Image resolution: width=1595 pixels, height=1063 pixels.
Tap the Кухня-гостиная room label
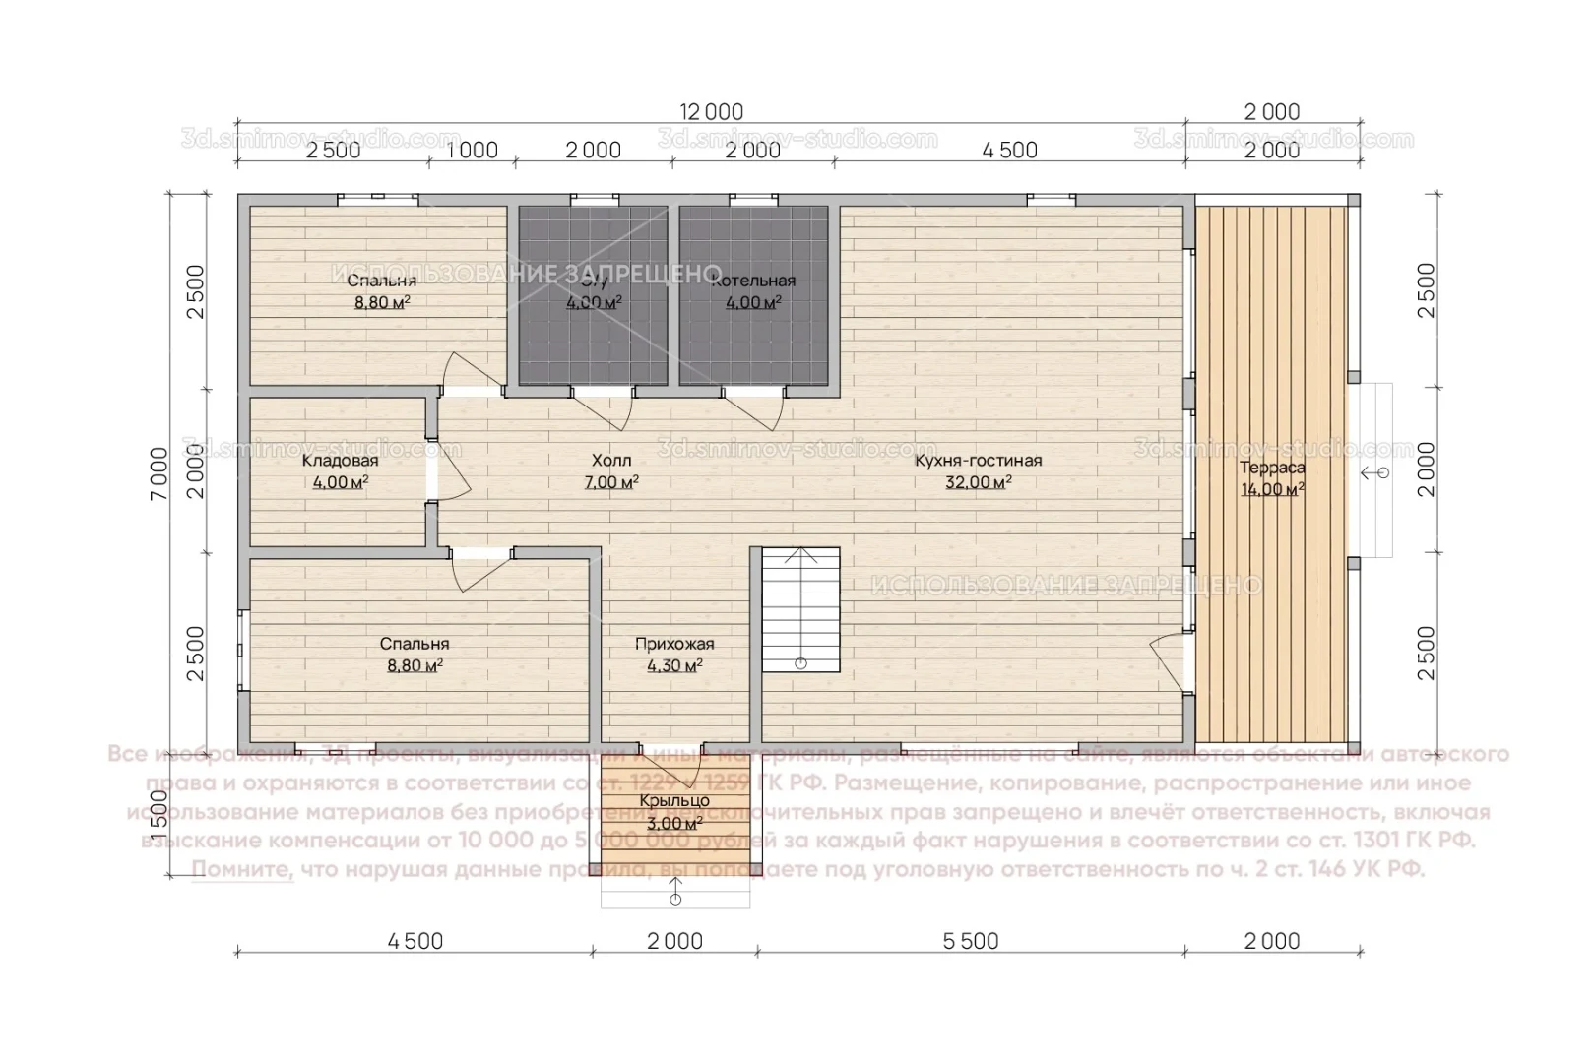(x=978, y=461)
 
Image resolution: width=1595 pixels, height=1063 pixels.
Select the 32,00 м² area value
(x=978, y=482)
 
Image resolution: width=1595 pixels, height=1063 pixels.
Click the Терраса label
(x=1272, y=468)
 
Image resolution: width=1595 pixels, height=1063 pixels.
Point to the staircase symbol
(x=801, y=610)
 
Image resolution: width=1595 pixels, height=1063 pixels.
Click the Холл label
(x=611, y=461)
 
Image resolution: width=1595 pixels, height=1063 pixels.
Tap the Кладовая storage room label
(x=340, y=461)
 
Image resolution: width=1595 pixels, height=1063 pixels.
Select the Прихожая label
(x=674, y=645)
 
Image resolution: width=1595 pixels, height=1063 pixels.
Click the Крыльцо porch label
(x=674, y=801)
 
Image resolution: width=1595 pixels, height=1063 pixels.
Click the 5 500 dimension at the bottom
(x=971, y=942)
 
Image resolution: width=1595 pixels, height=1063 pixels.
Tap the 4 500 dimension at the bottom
(x=415, y=942)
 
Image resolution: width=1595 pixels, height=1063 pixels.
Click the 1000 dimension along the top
(x=473, y=151)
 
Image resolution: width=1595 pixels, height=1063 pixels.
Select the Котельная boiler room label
(x=753, y=281)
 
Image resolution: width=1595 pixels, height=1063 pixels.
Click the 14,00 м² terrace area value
(x=1272, y=489)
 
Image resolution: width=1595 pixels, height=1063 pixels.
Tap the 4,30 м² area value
(x=674, y=666)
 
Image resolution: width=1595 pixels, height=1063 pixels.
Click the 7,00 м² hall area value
(x=611, y=482)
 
